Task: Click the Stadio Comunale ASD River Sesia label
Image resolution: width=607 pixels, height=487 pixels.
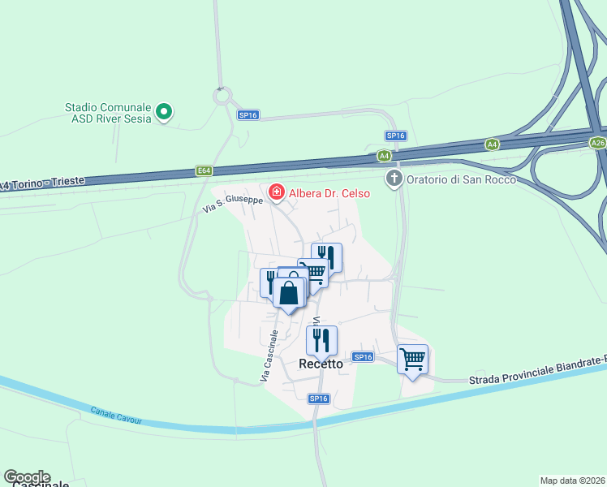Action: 108,112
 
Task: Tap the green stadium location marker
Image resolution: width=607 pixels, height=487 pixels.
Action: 164,111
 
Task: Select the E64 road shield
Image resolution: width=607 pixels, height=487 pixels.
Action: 204,170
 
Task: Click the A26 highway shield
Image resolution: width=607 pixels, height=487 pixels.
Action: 598,143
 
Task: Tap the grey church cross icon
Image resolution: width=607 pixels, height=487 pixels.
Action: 394,178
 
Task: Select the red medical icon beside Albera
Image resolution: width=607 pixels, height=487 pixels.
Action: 277,192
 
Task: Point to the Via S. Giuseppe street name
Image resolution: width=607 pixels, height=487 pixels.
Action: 232,204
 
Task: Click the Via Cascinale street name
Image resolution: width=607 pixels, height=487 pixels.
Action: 270,356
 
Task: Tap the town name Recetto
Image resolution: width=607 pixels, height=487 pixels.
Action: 321,364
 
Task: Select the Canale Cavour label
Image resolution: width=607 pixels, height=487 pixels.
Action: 116,415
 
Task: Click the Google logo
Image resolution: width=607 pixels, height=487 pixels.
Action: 26,477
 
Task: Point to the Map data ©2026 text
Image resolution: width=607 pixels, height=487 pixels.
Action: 572,480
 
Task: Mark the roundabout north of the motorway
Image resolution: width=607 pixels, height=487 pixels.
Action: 222,97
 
